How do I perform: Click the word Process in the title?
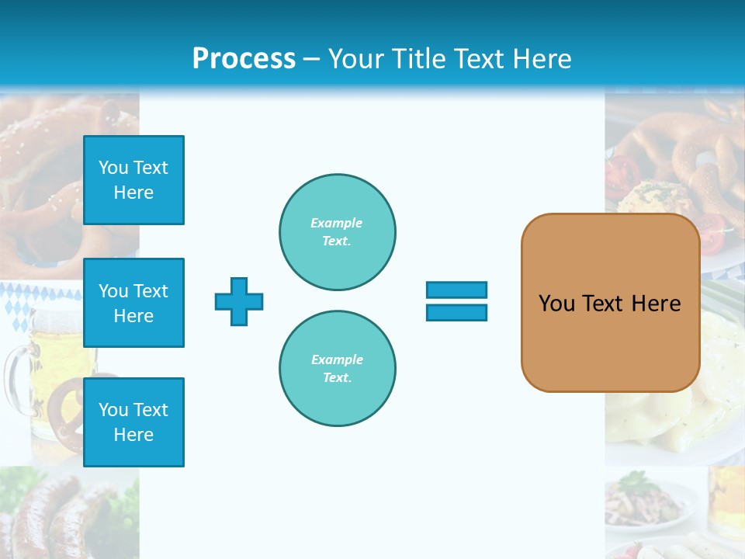pyautogui.click(x=244, y=58)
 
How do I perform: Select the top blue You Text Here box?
pyautogui.click(x=133, y=180)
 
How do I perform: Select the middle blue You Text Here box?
pyautogui.click(x=133, y=303)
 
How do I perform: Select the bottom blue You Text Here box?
pyautogui.click(x=133, y=422)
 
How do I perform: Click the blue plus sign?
pyautogui.click(x=239, y=301)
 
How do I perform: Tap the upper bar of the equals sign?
pyautogui.click(x=456, y=290)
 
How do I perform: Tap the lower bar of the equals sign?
pyautogui.click(x=456, y=312)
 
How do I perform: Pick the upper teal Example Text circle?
pyautogui.click(x=337, y=232)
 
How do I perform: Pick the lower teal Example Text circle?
pyautogui.click(x=337, y=368)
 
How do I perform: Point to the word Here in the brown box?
pyautogui.click(x=656, y=304)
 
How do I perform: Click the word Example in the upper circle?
pyautogui.click(x=336, y=223)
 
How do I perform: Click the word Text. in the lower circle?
pyautogui.click(x=337, y=377)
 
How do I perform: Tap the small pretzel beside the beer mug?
pyautogui.click(x=65, y=404)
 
